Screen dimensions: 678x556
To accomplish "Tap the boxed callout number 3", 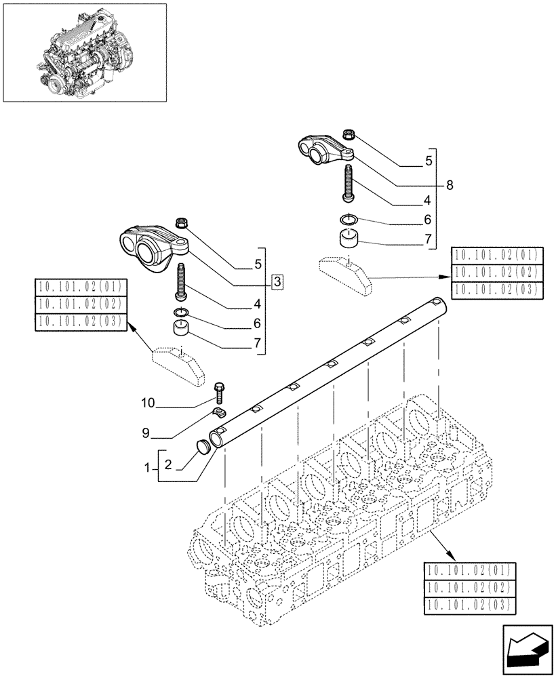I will click(x=278, y=281).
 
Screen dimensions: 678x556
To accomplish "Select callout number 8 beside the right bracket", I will click(x=449, y=184).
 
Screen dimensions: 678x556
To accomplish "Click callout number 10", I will click(x=148, y=403).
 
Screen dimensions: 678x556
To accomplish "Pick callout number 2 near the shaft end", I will click(x=168, y=464).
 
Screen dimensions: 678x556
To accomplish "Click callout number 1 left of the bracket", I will click(x=147, y=468).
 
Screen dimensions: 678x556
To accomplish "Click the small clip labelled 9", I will click(x=218, y=412).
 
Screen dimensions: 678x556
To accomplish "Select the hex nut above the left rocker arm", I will click(x=182, y=222).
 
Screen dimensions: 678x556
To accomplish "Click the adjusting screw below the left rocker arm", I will click(x=182, y=283).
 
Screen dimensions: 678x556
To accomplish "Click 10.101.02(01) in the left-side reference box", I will click(x=80, y=286).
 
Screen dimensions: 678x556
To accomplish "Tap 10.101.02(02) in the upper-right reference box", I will click(x=496, y=273).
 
